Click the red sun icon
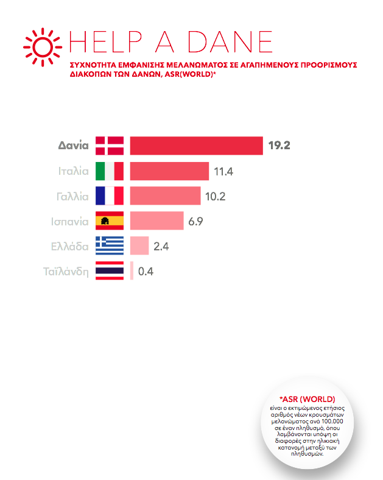43,45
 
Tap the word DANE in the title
230,41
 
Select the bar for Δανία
196,146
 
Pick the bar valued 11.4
169,172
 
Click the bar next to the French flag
165,196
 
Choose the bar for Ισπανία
156,221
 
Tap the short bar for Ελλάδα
139,246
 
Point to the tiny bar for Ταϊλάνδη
132,271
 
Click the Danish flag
110,146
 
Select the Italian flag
110,172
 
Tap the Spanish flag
110,221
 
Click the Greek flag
110,246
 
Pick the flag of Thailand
110,271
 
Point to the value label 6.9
195,221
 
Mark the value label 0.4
146,272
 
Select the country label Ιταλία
71,172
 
